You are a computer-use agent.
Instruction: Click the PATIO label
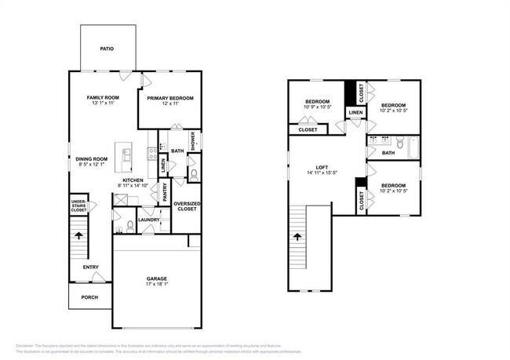click(107, 49)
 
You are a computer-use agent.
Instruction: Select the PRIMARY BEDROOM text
click(170, 97)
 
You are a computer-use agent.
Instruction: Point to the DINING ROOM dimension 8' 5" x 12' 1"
click(92, 165)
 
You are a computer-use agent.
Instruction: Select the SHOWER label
click(192, 140)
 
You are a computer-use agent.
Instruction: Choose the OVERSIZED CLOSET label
click(186, 207)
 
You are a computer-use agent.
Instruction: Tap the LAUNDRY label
click(149, 220)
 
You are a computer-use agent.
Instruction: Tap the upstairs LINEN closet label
click(355, 113)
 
